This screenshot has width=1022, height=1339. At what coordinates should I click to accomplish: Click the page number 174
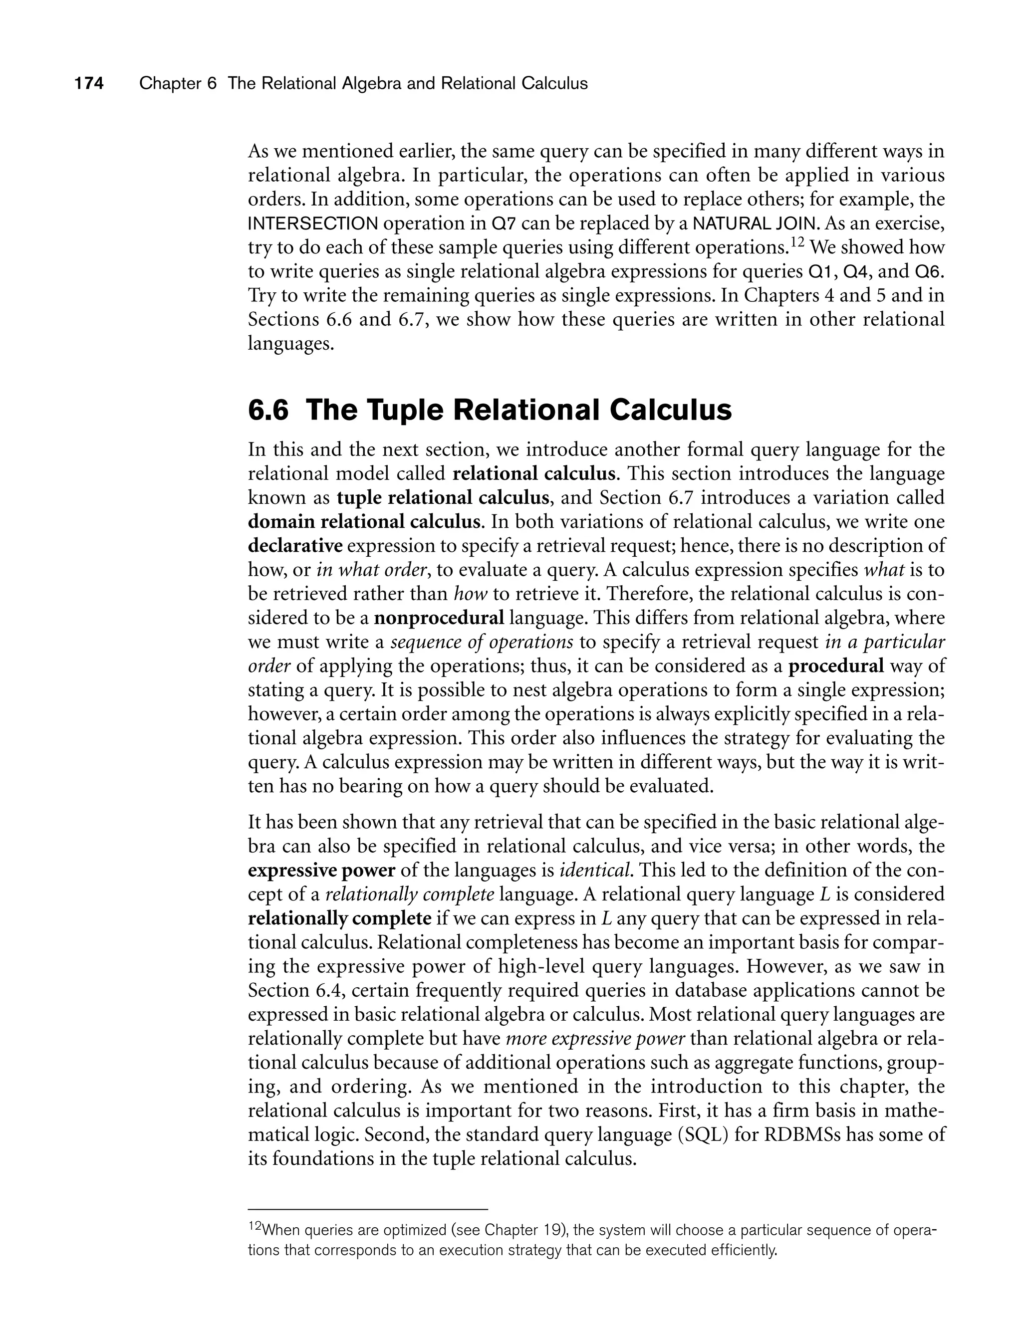coord(89,84)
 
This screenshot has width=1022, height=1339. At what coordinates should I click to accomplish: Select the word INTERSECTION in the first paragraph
coord(313,224)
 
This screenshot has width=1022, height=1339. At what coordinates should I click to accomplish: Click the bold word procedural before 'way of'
coord(836,667)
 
